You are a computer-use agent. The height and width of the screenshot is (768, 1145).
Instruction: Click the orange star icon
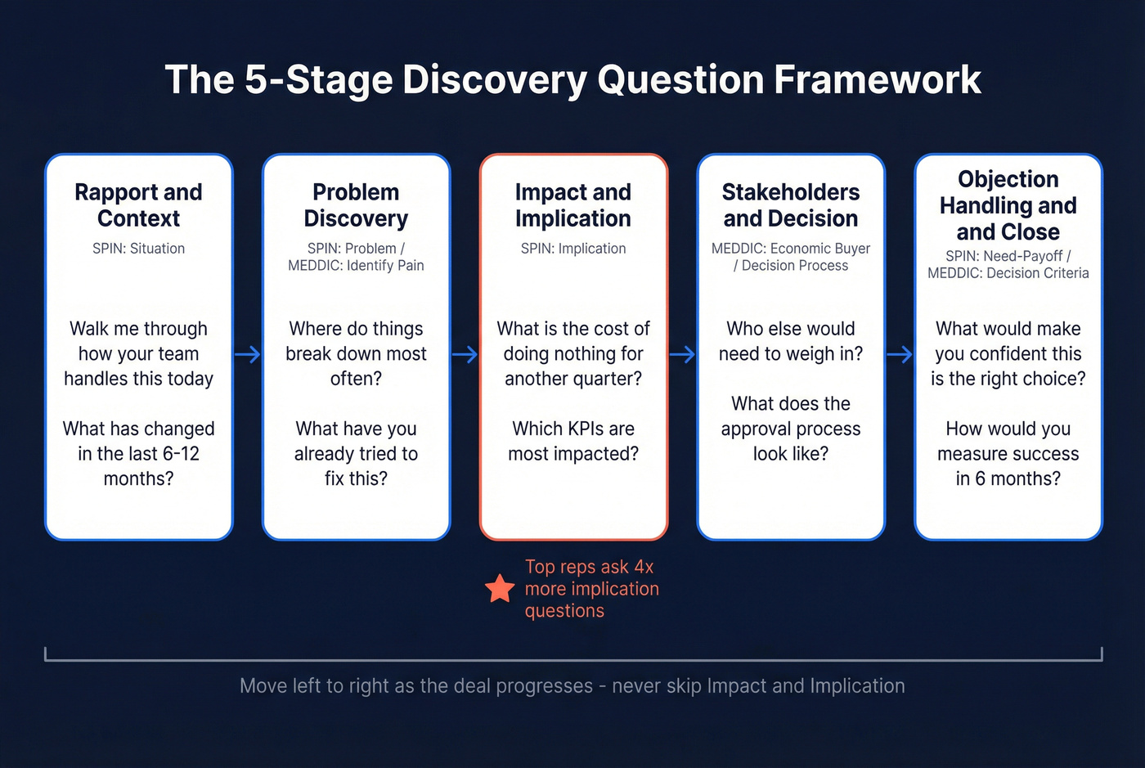(x=499, y=589)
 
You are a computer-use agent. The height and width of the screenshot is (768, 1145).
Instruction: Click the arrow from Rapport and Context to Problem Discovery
(x=248, y=354)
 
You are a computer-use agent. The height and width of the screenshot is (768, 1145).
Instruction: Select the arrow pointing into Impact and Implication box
(x=465, y=354)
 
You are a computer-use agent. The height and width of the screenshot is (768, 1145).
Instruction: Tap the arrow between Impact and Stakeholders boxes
(x=682, y=354)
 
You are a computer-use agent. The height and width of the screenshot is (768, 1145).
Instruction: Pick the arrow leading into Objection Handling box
(x=900, y=354)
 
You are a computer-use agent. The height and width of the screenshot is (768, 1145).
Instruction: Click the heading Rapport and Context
(x=138, y=205)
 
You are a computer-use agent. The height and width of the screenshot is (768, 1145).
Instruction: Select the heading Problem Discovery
(x=356, y=205)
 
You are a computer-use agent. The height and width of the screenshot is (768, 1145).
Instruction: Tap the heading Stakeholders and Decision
(x=790, y=205)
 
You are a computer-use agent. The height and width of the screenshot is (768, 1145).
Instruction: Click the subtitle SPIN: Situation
(x=138, y=249)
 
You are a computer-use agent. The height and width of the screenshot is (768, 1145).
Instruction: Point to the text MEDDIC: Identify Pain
(x=356, y=266)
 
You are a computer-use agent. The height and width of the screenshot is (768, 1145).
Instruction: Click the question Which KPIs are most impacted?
(x=572, y=442)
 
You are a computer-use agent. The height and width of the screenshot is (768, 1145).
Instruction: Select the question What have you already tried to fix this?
(x=356, y=454)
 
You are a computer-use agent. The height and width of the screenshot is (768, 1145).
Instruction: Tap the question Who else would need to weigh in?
(x=790, y=341)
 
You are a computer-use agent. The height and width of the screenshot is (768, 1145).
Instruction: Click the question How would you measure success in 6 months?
(x=1008, y=454)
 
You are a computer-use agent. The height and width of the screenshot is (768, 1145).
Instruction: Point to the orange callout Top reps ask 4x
(x=589, y=568)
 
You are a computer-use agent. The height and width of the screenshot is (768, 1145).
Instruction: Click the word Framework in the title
(x=877, y=80)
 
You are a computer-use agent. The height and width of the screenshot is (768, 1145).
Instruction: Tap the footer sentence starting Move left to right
(x=572, y=686)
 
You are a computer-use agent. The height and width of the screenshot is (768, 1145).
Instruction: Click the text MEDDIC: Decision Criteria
(x=1008, y=274)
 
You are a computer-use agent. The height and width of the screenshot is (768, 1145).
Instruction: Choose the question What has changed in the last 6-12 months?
(x=138, y=454)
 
